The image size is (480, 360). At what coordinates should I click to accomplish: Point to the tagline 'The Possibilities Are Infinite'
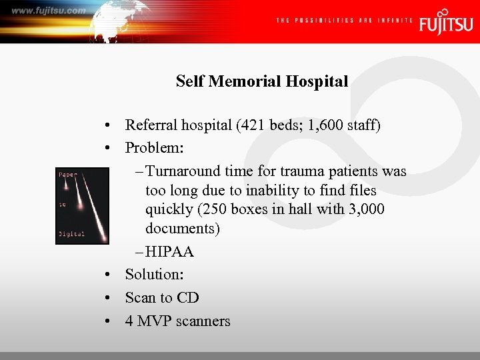click(x=344, y=21)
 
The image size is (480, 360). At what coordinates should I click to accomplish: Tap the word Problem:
click(x=154, y=147)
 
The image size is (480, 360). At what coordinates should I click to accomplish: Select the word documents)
click(x=183, y=229)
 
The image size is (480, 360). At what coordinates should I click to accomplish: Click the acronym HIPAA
click(x=169, y=252)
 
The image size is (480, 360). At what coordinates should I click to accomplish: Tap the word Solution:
click(x=155, y=275)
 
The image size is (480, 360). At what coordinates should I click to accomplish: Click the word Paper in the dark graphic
click(x=68, y=175)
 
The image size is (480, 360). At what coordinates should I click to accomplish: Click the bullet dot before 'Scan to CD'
click(x=107, y=298)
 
